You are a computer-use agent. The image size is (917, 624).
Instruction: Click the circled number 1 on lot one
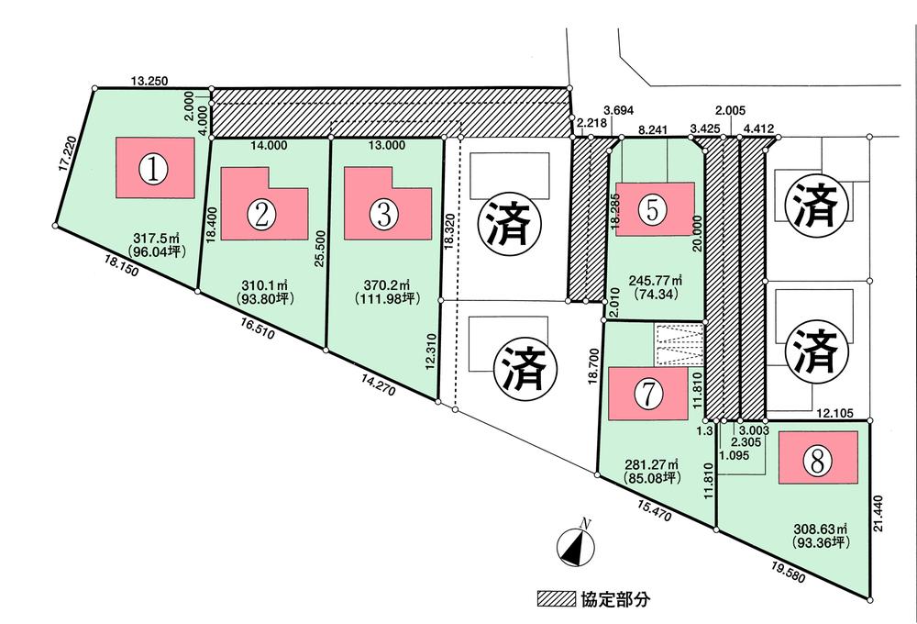click(156, 168)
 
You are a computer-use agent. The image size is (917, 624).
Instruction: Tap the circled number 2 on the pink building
click(262, 214)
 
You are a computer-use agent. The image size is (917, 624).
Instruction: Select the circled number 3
click(383, 214)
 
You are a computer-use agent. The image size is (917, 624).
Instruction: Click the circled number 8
click(814, 462)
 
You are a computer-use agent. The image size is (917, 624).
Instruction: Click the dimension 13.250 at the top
click(149, 81)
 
